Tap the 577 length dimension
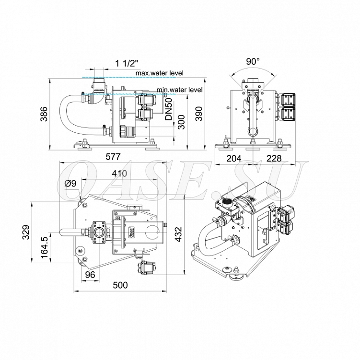[x=113, y=157]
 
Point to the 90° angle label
[x=253, y=61]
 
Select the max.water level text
[x=160, y=73]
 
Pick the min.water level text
[x=180, y=90]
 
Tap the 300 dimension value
[x=181, y=122]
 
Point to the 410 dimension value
[x=119, y=173]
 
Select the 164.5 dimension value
[x=44, y=247]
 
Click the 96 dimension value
[x=90, y=275]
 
